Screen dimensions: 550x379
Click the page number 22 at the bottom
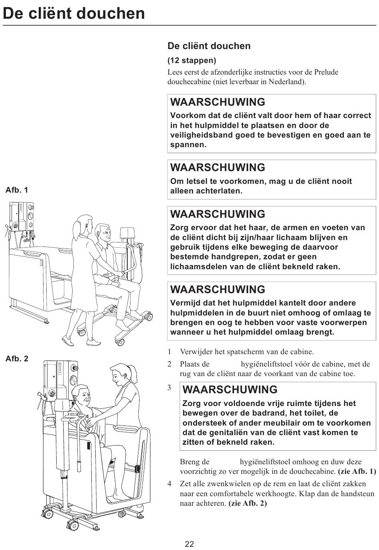[189, 544]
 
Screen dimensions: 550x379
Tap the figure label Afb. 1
[17, 190]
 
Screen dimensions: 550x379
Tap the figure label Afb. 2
[17, 359]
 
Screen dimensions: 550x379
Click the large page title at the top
[74, 14]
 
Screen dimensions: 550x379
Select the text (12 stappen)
[191, 61]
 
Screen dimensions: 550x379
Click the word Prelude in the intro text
[326, 72]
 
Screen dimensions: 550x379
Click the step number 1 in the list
[170, 352]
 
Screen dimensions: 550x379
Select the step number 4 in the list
[170, 484]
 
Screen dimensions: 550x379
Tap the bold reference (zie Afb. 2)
[247, 503]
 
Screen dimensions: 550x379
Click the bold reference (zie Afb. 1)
[357, 471]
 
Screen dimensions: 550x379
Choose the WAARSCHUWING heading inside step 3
[230, 390]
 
